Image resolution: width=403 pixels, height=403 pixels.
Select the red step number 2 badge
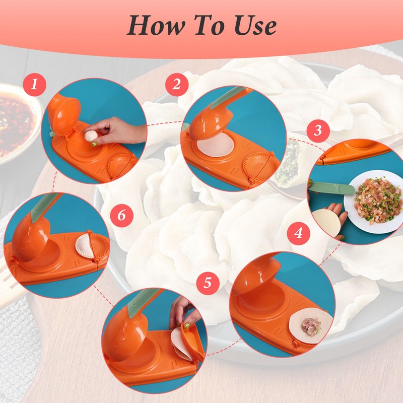(x=176, y=84)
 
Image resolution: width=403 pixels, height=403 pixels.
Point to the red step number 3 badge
(x=317, y=130)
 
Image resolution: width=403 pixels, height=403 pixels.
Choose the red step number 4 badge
(x=299, y=234)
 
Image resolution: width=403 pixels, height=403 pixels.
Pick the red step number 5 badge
(x=208, y=283)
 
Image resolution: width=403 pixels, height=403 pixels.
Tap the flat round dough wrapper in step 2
(x=215, y=147)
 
